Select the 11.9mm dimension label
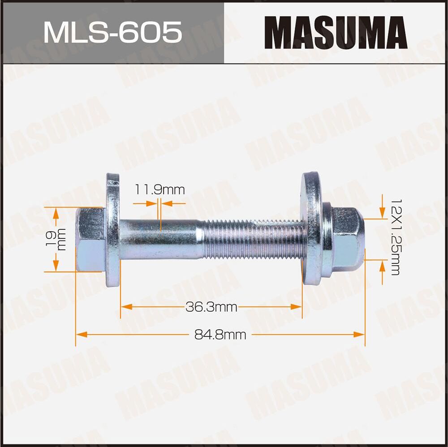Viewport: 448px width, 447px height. coord(160,190)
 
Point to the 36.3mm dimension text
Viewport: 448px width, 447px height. coord(211,307)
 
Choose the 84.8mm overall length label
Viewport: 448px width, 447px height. coord(220,334)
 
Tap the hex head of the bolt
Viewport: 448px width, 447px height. coord(90,239)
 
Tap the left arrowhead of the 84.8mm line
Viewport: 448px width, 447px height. coord(81,334)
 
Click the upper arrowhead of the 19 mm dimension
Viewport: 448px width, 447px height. coord(56,213)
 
